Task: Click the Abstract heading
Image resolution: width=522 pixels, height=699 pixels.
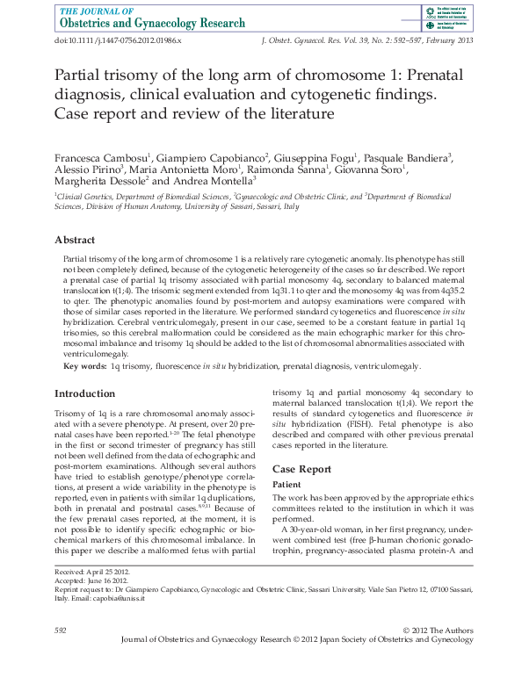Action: [x=75, y=240]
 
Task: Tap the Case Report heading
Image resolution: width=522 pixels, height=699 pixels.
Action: [x=301, y=469]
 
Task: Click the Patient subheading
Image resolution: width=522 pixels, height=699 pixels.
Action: [x=287, y=485]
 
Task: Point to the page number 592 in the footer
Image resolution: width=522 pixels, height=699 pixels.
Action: [x=61, y=631]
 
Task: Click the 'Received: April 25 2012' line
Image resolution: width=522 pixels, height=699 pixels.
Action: [x=93, y=572]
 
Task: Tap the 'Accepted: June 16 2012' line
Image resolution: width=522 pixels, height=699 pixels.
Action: [x=91, y=580]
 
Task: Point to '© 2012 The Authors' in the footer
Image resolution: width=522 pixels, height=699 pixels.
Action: [x=437, y=631]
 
